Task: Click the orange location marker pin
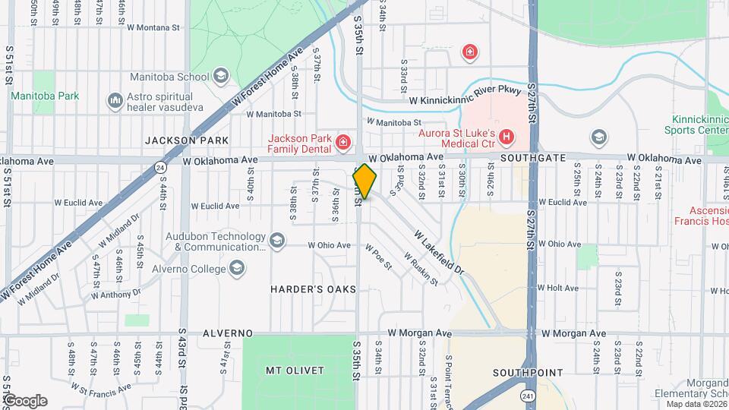pos(364,181)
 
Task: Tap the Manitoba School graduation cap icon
pos(220,75)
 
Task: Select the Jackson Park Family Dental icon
pos(343,141)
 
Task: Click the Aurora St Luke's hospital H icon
pos(507,138)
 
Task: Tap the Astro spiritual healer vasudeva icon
pos(115,99)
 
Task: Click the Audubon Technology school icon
pos(277,241)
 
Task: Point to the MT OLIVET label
pos(295,371)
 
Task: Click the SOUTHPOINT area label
pos(528,373)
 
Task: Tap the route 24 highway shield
pos(159,166)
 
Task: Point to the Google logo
pos(24,401)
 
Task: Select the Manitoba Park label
pos(44,96)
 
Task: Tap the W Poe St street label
pos(377,257)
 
